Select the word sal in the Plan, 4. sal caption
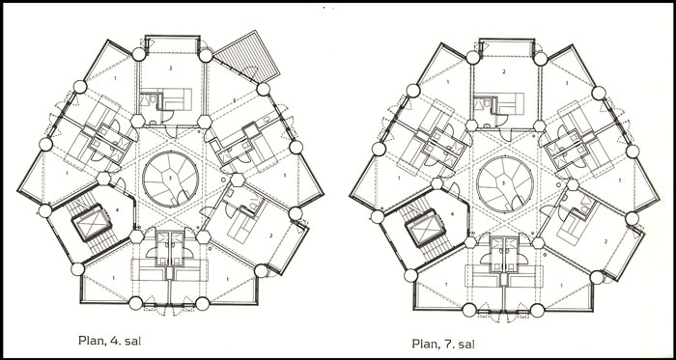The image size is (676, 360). click(x=131, y=341)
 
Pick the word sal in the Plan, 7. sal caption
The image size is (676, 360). click(x=465, y=344)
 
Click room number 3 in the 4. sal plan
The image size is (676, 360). click(x=170, y=178)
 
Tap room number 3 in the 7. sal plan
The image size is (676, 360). click(x=504, y=182)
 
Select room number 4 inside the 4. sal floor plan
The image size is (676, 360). click(x=111, y=210)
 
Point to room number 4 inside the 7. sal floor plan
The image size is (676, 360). click(x=452, y=213)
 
